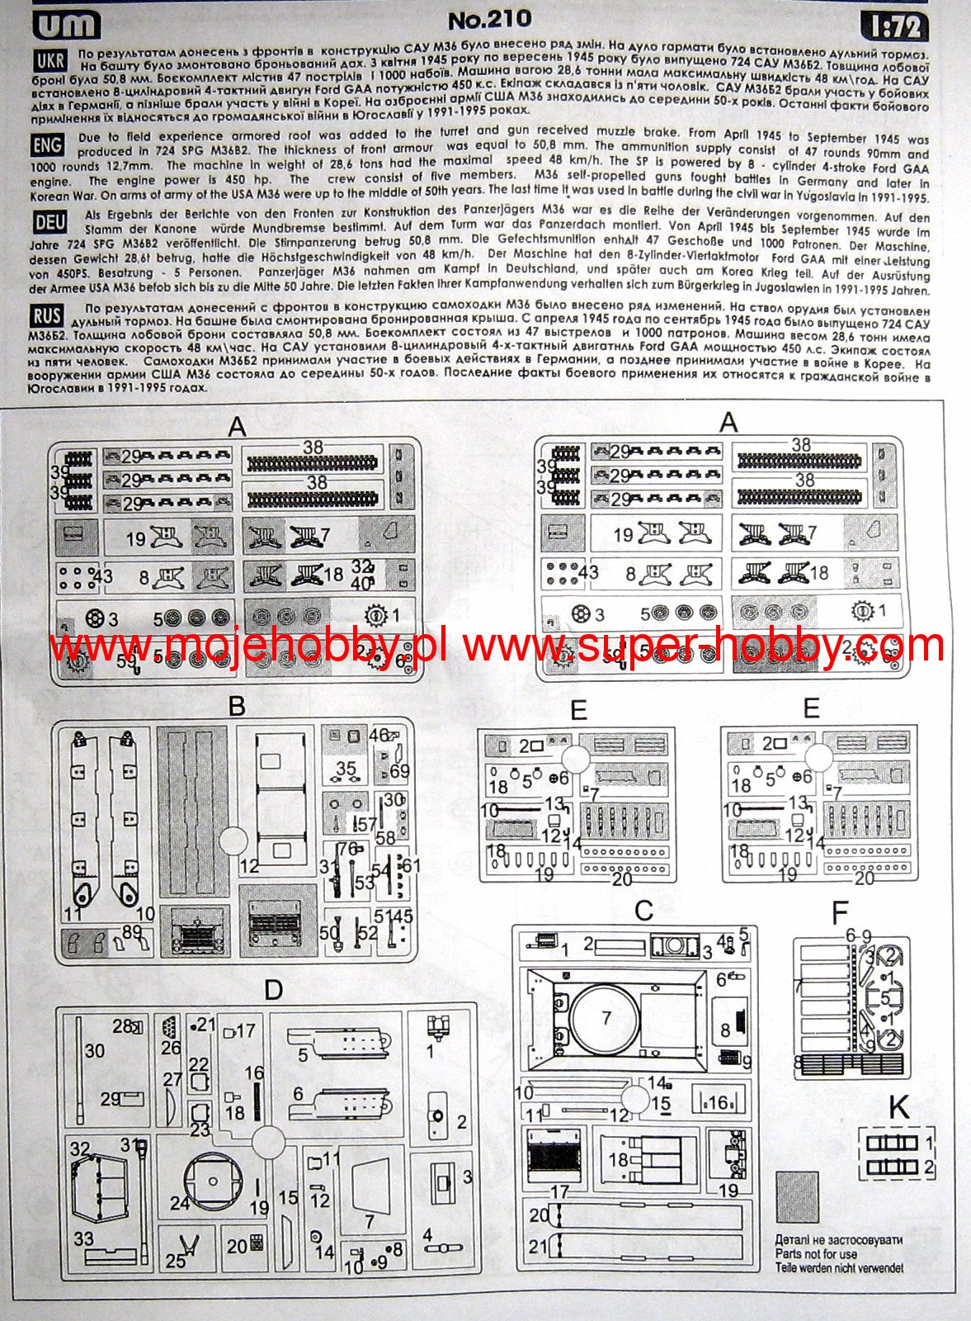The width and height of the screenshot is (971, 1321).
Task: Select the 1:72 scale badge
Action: point(895,26)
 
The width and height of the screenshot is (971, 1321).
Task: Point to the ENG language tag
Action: point(47,145)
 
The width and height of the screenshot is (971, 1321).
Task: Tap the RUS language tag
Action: point(47,315)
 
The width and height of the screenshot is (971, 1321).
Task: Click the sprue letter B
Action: point(237,707)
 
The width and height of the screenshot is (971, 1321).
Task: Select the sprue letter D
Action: point(273,990)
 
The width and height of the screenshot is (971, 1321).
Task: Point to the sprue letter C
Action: point(643,911)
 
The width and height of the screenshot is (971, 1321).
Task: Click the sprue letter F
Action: point(840,913)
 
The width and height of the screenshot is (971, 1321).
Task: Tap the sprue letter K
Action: point(899,1107)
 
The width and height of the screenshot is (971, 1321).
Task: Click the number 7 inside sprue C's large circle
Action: point(607,1018)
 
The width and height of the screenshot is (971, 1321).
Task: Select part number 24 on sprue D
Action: point(180,1203)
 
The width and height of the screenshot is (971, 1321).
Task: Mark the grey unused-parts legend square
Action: point(797,1197)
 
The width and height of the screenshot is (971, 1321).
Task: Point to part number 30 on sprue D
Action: point(95,1050)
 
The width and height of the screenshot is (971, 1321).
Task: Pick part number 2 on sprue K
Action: point(929,1167)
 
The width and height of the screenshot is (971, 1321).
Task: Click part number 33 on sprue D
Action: point(83,1238)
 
